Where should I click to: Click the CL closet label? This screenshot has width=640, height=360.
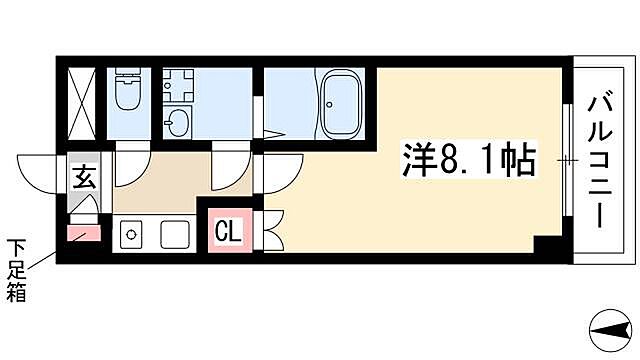(228, 233)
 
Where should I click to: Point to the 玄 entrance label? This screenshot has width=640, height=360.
(84, 180)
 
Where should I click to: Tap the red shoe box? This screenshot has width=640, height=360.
(83, 236)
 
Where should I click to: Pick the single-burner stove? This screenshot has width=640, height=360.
(130, 236)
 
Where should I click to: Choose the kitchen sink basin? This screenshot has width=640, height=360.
(175, 236)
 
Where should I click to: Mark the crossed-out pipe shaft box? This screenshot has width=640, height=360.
(81, 104)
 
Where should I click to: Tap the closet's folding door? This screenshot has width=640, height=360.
(273, 232)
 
